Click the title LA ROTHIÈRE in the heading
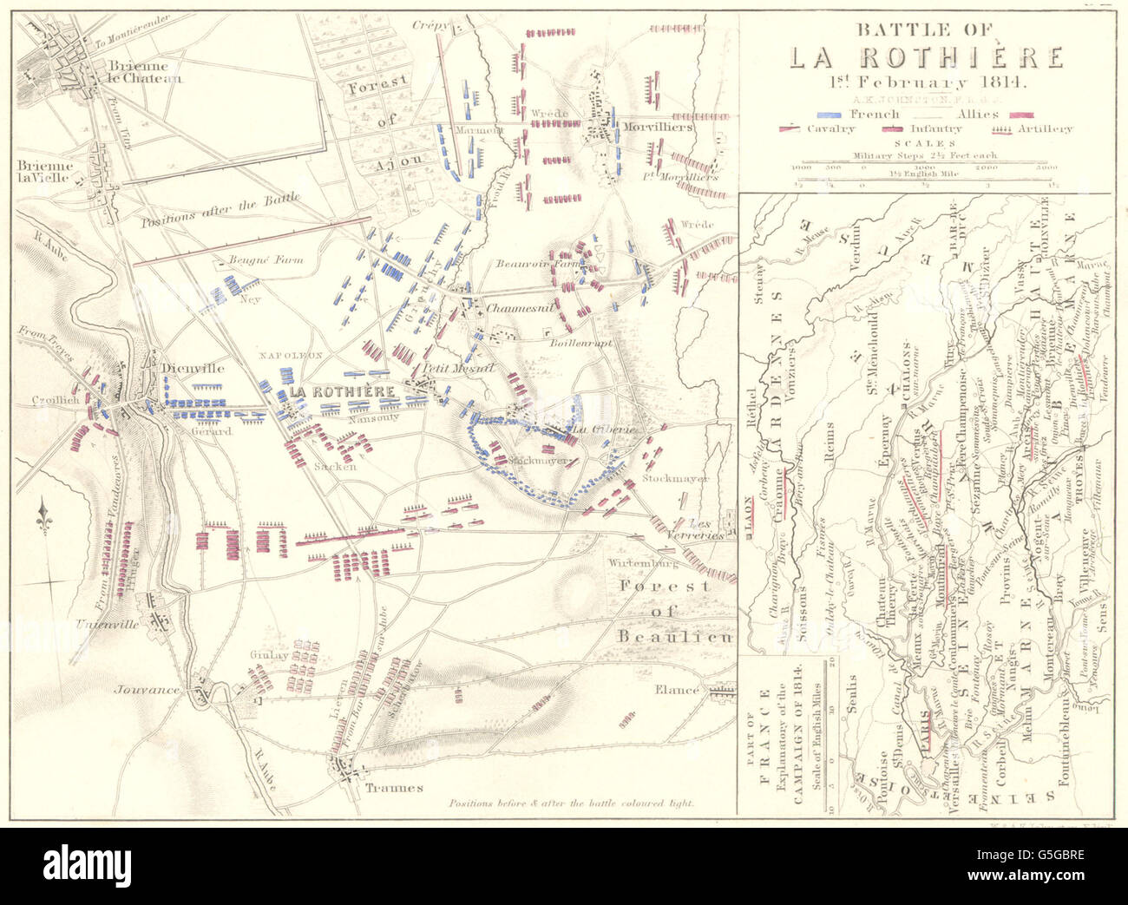[x=926, y=57]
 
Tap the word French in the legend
[x=874, y=114]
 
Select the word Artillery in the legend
[x=1045, y=128]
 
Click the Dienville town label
[x=192, y=368]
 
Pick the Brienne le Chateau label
[x=145, y=71]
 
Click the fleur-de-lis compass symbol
[x=44, y=519]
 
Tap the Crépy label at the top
[x=431, y=26]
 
